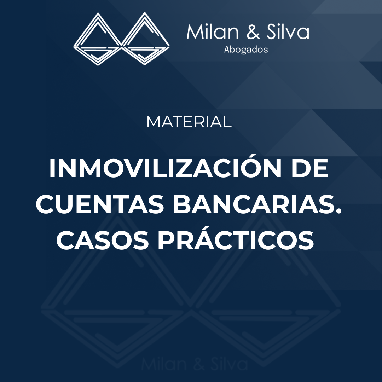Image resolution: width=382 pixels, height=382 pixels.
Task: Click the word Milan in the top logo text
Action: coord(213,32)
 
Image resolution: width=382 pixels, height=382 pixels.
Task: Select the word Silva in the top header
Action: coord(288,32)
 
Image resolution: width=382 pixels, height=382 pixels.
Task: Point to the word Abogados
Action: coord(246,50)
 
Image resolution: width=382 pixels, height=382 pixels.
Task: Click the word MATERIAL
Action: coord(189,122)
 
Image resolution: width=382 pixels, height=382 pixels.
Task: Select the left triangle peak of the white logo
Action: coord(98,13)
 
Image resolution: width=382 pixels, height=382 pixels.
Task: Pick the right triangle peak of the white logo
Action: coord(145,13)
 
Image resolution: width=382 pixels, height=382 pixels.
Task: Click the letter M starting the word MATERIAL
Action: coord(154,122)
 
